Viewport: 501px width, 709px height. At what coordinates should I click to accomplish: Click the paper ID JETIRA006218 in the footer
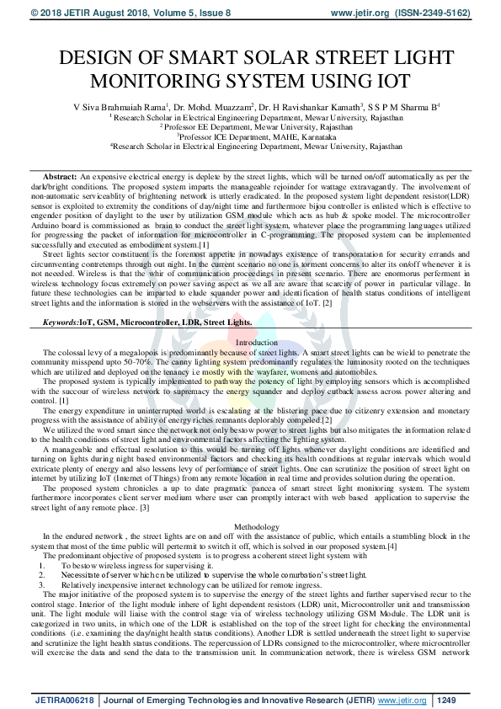(x=64, y=699)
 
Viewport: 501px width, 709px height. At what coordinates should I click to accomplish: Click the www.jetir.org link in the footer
(x=402, y=699)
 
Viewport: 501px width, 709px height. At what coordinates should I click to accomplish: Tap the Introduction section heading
(x=255, y=343)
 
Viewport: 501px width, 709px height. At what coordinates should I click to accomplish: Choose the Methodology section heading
(x=256, y=527)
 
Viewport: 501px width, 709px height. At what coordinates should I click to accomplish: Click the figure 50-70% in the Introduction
(x=141, y=361)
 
